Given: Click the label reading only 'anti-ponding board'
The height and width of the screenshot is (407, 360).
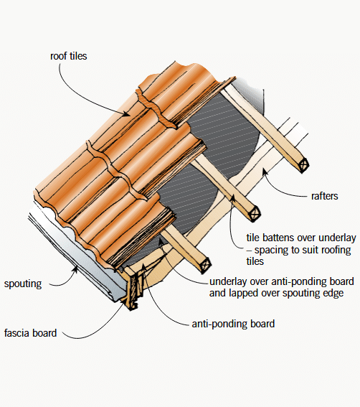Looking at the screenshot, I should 234,324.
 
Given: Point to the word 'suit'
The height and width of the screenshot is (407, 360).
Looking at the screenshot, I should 292,250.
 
